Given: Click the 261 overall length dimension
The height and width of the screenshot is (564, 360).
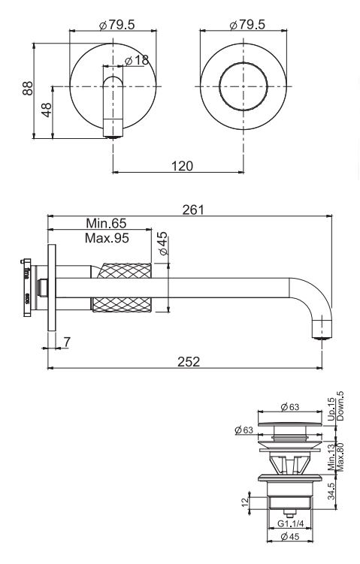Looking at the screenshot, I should tap(193, 210).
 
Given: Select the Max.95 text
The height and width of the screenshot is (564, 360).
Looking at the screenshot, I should tap(107, 237).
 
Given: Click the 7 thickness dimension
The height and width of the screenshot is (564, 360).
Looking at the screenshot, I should tap(67, 342).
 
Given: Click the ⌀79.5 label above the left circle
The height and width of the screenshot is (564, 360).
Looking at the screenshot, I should tap(116, 25).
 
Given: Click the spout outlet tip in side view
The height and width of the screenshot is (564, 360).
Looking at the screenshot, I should tap(322, 332).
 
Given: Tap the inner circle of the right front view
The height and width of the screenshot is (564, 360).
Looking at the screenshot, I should tap(243, 83).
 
